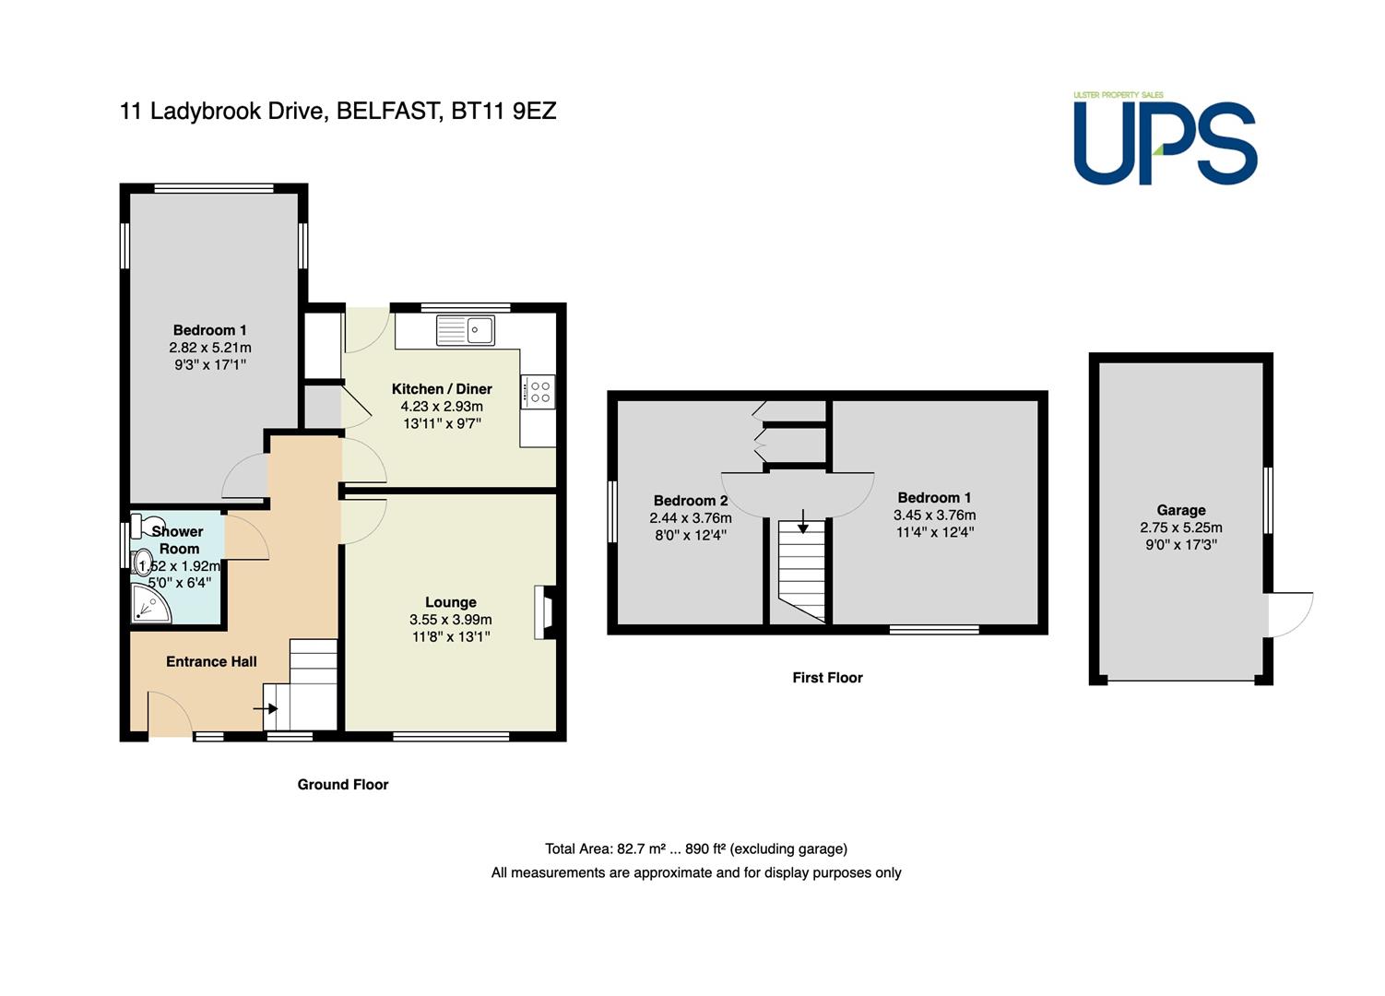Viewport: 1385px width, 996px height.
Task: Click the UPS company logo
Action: pos(1165,138)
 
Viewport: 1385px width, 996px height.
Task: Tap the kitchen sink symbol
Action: pos(466,330)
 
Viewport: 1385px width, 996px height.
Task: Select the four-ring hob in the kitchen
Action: pos(538,392)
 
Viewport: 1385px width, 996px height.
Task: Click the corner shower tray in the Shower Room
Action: pos(150,603)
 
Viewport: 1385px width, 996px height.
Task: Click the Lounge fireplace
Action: pos(545,612)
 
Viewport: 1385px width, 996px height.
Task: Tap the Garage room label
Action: pos(1181,510)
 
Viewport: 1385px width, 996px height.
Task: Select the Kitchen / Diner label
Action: pos(442,389)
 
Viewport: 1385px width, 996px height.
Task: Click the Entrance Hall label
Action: pos(211,661)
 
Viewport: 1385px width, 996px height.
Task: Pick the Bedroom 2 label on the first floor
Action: pos(691,500)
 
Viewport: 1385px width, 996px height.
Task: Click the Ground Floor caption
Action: pos(343,785)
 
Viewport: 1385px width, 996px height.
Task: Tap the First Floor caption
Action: pos(827,678)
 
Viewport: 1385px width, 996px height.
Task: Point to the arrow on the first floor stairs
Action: pos(802,521)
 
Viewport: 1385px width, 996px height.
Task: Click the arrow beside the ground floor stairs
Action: pos(266,708)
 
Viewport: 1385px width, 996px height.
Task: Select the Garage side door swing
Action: pos(1290,614)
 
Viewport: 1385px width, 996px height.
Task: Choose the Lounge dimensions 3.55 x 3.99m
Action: pos(451,620)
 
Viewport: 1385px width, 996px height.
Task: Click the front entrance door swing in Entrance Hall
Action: pos(170,713)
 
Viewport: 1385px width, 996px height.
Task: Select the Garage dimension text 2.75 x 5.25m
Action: pos(1181,528)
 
